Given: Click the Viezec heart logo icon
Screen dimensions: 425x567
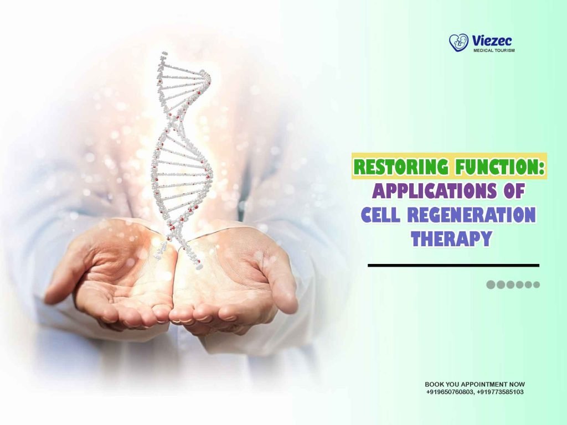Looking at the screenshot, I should (458, 43).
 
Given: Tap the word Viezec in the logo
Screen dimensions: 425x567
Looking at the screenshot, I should (492, 40).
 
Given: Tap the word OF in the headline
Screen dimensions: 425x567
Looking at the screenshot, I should (510, 191).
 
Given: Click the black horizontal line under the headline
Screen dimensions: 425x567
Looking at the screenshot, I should (453, 266).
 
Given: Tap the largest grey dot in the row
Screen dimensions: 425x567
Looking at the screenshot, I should (491, 285).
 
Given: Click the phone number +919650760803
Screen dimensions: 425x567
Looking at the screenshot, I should (450, 392).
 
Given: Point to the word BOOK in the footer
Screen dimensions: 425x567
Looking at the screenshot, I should (434, 384).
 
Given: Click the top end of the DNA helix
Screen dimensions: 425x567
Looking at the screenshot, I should (164, 54).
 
